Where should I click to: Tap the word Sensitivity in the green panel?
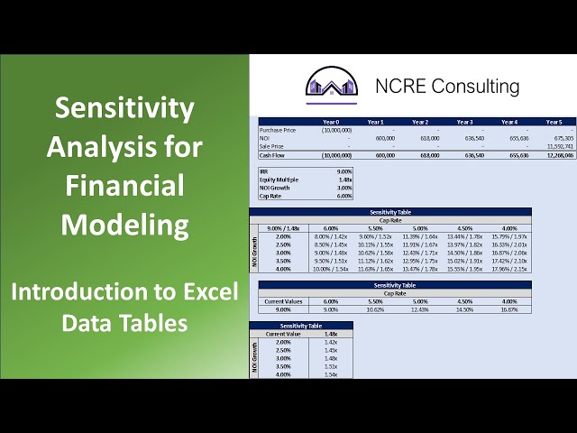point(124,108)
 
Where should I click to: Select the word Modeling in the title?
point(124,223)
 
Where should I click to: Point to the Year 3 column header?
point(464,122)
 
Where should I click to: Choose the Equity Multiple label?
point(279,179)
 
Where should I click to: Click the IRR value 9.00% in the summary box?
point(343,170)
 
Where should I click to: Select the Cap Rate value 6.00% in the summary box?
point(343,195)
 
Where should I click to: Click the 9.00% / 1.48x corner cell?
point(282,227)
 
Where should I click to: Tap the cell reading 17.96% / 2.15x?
point(509,268)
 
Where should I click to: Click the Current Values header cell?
point(282,301)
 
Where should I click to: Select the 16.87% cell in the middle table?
point(509,309)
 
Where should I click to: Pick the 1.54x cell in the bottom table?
point(330,374)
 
